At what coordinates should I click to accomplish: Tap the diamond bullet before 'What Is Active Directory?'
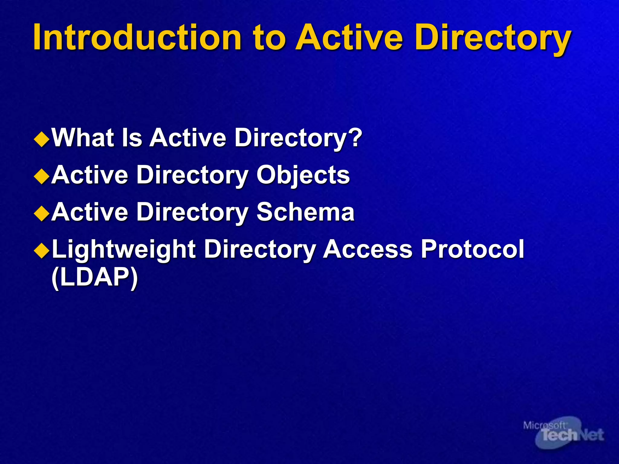coord(42,140)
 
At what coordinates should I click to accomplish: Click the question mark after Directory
coord(355,138)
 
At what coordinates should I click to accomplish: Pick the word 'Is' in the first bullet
coord(132,138)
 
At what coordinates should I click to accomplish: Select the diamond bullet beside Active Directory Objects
coord(42,177)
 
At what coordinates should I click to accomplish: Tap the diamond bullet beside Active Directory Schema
coord(42,214)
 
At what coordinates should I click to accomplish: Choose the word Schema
coord(305,212)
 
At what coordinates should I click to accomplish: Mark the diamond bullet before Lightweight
coord(42,251)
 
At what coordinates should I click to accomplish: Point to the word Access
coord(368,249)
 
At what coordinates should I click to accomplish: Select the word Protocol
coord(472,249)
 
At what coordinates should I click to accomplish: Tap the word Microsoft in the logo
coord(544,426)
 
